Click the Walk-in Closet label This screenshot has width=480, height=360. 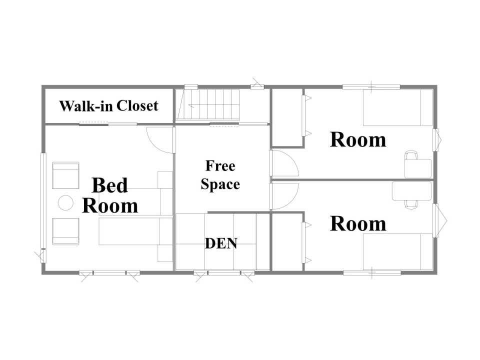[x=108, y=106]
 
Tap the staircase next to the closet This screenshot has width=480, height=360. [x=208, y=104]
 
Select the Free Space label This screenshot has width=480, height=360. [x=220, y=175]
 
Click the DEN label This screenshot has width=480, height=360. [x=221, y=243]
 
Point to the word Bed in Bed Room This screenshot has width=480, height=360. [x=109, y=185]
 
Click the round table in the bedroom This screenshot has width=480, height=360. [x=65, y=202]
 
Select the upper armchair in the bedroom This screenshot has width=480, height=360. [x=65, y=175]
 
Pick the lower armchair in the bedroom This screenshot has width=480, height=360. [x=65, y=231]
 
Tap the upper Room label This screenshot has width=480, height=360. [x=358, y=139]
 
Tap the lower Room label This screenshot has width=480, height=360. [x=358, y=224]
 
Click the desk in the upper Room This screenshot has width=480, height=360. [x=418, y=168]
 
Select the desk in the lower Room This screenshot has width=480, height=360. [x=411, y=191]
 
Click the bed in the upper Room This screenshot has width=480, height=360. [x=397, y=107]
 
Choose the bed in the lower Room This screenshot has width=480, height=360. [x=397, y=252]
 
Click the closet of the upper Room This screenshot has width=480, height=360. [x=288, y=118]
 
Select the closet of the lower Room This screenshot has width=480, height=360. [x=288, y=242]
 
